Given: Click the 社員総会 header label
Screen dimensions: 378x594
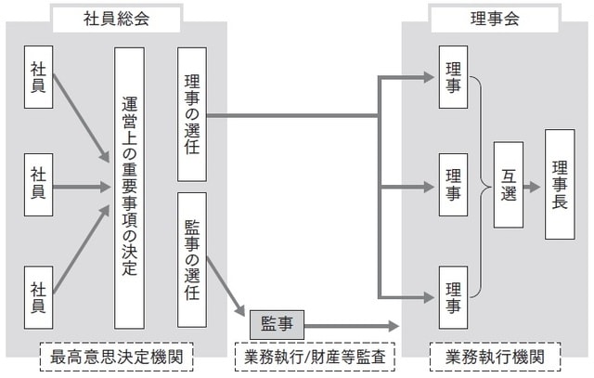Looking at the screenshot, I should (116, 18).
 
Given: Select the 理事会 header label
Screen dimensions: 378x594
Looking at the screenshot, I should (495, 18).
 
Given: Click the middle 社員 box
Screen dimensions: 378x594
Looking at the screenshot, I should (38, 185).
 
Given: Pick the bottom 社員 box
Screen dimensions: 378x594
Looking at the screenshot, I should (38, 290).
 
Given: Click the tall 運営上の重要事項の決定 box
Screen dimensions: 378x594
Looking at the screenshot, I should (129, 186).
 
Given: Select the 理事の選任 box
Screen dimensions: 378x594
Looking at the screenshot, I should (191, 114).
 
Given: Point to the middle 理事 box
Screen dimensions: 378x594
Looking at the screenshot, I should (453, 185).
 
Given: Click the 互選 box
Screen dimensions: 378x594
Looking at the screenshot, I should (509, 185).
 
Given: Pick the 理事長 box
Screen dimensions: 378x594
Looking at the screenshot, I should (560, 185).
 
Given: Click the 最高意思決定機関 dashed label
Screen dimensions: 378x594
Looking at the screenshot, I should (116, 356).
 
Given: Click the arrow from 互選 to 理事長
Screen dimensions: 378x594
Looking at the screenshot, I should (533, 186).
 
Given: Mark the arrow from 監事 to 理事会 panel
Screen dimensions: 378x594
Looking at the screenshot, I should (353, 326).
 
